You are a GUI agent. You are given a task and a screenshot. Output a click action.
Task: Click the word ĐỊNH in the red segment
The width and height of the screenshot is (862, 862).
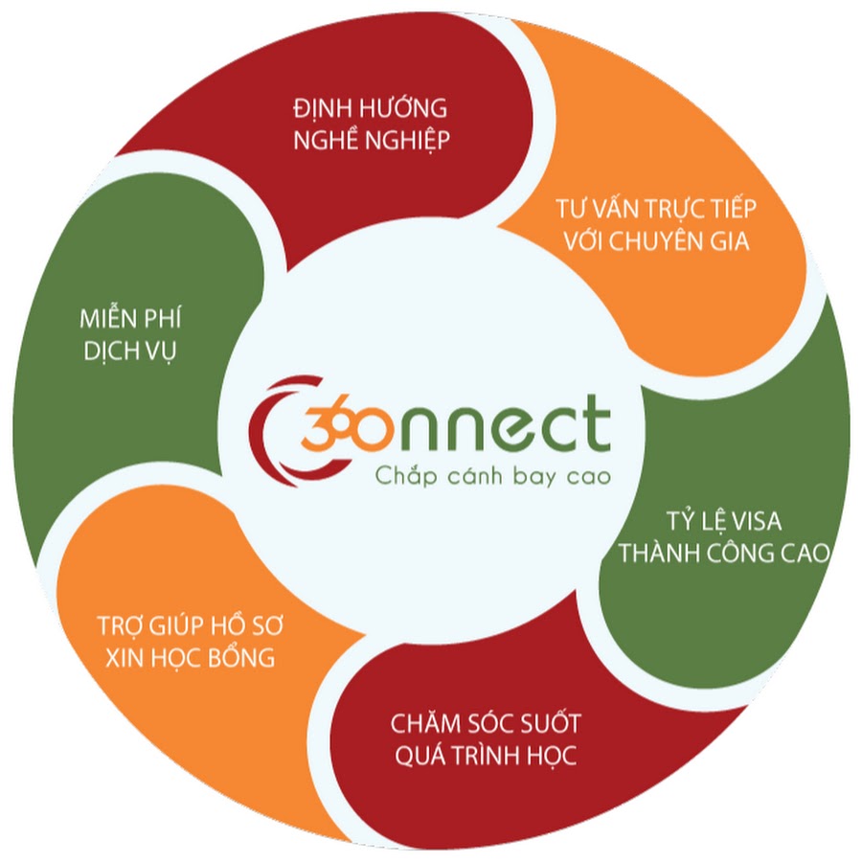pos(321,108)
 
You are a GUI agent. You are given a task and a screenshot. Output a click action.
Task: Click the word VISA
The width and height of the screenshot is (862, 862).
pos(756,521)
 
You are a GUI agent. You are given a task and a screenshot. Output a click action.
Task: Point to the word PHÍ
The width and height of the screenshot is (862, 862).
pos(162,318)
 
